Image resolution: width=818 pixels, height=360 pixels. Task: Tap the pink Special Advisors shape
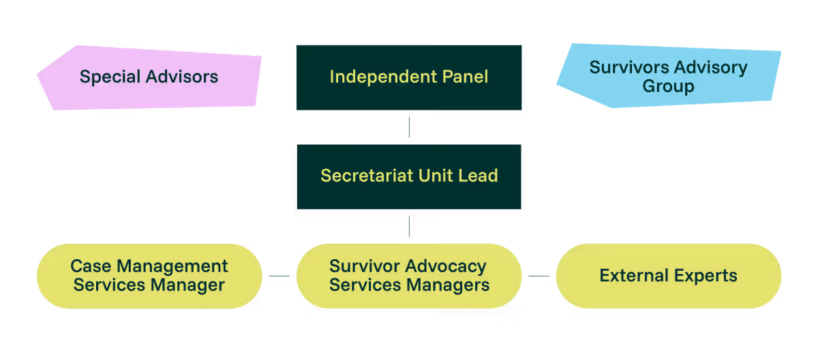point(149,77)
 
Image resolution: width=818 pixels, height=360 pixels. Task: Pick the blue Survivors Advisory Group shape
point(668,76)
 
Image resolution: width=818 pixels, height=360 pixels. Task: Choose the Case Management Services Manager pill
point(149,276)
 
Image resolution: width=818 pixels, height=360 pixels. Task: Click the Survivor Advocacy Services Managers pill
point(409,276)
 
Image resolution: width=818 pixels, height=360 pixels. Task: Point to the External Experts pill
point(668,276)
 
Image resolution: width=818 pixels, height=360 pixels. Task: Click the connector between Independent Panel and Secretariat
point(409,127)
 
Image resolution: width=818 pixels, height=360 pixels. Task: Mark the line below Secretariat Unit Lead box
point(409,226)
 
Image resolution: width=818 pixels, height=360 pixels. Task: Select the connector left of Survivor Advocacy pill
point(279,276)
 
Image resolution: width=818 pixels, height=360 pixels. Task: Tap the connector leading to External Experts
point(539,276)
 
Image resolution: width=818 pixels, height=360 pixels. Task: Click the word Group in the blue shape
point(668,87)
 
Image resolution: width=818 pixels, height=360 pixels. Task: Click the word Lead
point(477,176)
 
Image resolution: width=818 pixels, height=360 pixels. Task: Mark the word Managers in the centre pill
point(449,285)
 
